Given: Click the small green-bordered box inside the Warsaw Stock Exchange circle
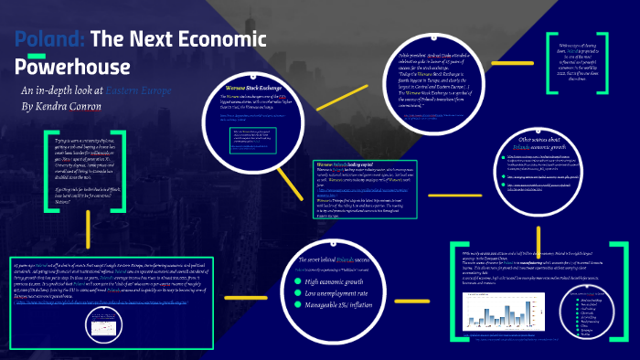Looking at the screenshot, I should pyautogui.click(x=255, y=137).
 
